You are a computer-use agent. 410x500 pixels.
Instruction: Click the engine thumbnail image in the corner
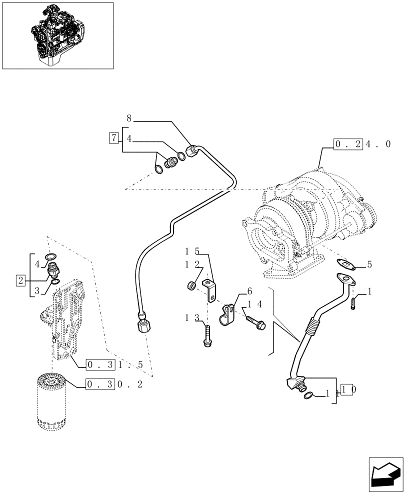(x=57, y=35)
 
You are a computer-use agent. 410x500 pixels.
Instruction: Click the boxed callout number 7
(x=113, y=137)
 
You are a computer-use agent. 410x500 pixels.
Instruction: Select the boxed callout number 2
(x=20, y=280)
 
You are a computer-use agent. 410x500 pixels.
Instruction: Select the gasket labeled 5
(x=344, y=264)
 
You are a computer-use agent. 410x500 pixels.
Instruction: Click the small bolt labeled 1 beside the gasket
(x=354, y=302)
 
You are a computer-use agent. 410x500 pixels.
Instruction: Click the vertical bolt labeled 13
(x=206, y=335)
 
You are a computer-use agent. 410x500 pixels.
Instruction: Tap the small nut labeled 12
(x=191, y=286)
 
